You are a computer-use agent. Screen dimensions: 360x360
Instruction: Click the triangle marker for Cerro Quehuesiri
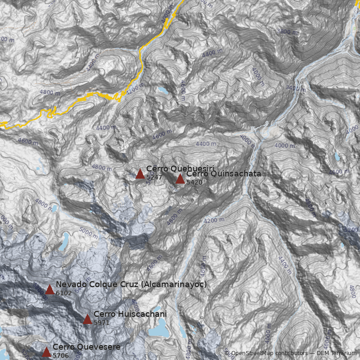pyautogui.click(x=140, y=174)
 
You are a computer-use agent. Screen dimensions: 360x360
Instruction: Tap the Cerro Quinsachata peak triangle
pyautogui.click(x=180, y=179)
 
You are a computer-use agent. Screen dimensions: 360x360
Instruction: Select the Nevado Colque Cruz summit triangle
pyautogui.click(x=49, y=289)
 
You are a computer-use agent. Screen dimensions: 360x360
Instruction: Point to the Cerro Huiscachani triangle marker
pyautogui.click(x=87, y=319)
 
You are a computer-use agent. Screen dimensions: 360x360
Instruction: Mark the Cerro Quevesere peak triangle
pyautogui.click(x=46, y=352)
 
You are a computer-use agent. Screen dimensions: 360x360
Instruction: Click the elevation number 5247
pyautogui.click(x=154, y=178)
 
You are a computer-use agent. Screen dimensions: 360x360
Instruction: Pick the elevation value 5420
pyautogui.click(x=194, y=183)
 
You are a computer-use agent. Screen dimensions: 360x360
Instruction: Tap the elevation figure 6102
pyautogui.click(x=63, y=293)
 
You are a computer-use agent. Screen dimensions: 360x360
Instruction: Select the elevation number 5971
pyautogui.click(x=101, y=323)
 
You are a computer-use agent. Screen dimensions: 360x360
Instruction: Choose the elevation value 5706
pyautogui.click(x=60, y=355)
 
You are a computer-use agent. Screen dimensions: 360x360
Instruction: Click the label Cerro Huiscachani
pyautogui.click(x=130, y=314)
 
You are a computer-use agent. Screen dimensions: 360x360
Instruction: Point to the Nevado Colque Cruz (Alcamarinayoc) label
pyautogui.click(x=131, y=284)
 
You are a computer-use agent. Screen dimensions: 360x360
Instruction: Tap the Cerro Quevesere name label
pyautogui.click(x=86, y=347)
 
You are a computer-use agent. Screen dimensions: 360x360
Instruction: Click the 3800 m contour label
pyautogui.click(x=288, y=31)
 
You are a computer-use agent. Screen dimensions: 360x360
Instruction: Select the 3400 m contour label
pyautogui.click(x=296, y=88)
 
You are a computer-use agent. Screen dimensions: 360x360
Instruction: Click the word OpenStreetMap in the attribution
pyautogui.click(x=252, y=353)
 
